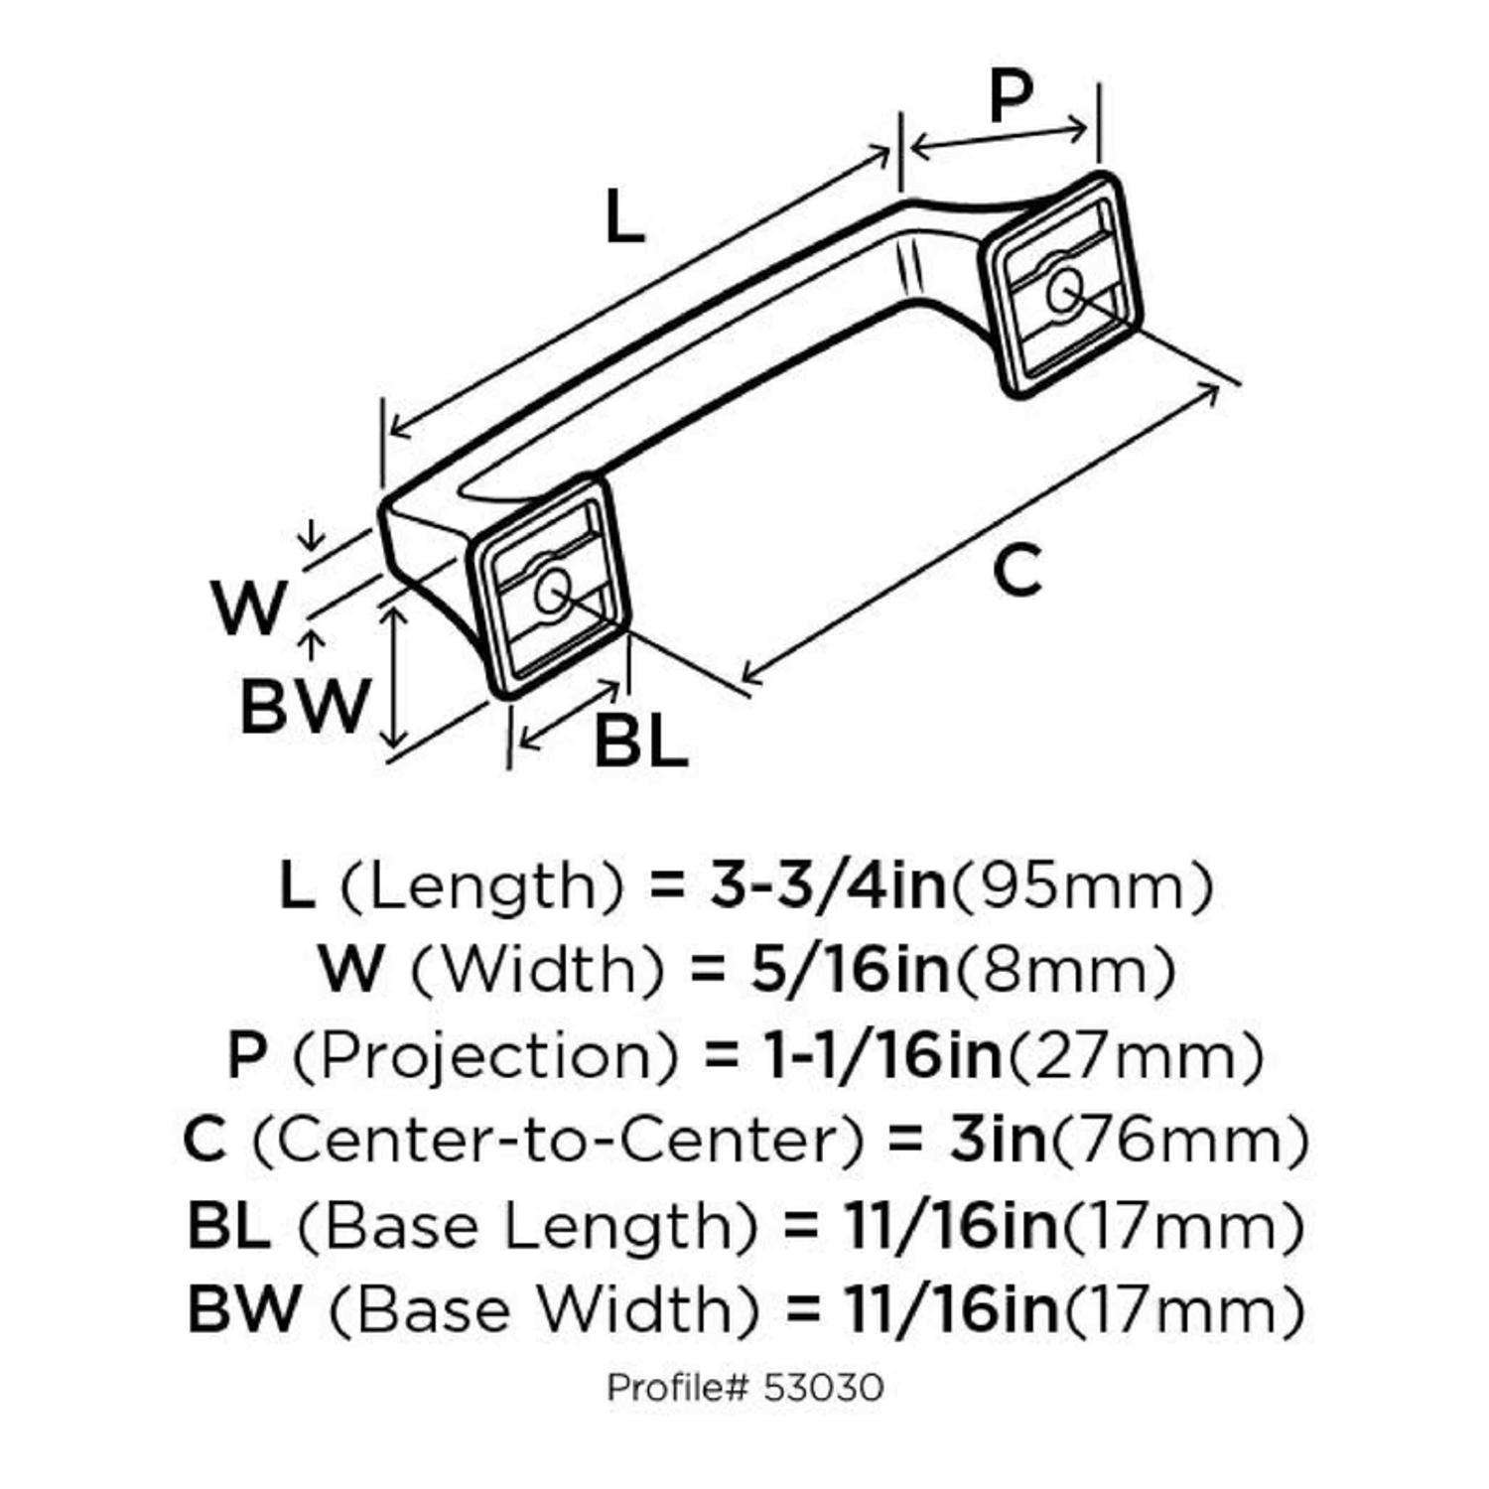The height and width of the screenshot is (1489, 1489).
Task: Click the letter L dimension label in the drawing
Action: [x=624, y=217]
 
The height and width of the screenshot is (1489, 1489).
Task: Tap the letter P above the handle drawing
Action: [x=1011, y=97]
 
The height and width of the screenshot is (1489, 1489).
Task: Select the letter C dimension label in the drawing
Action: [x=1017, y=572]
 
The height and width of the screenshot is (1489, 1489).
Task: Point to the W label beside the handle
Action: [x=249, y=609]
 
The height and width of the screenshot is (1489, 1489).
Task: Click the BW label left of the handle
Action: [x=304, y=706]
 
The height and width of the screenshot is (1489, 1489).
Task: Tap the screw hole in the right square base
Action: [x=1063, y=292]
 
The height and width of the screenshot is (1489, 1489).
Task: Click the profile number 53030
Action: [x=824, y=1387]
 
